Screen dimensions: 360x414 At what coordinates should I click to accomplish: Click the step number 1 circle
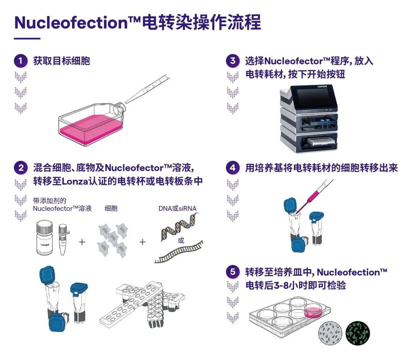(21, 61)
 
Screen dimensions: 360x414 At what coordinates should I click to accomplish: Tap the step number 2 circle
(21, 168)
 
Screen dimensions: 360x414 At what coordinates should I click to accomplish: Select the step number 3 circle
(233, 61)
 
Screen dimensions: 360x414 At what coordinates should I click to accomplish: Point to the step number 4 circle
(233, 168)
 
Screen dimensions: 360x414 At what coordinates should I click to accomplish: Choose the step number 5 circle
(233, 272)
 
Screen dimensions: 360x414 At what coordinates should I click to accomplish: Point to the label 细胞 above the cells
(111, 209)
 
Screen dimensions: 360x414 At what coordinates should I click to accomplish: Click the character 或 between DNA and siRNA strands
(181, 241)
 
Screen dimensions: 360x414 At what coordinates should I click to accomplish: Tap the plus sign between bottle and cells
(82, 242)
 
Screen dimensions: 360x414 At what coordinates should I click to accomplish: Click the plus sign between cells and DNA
(143, 242)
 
